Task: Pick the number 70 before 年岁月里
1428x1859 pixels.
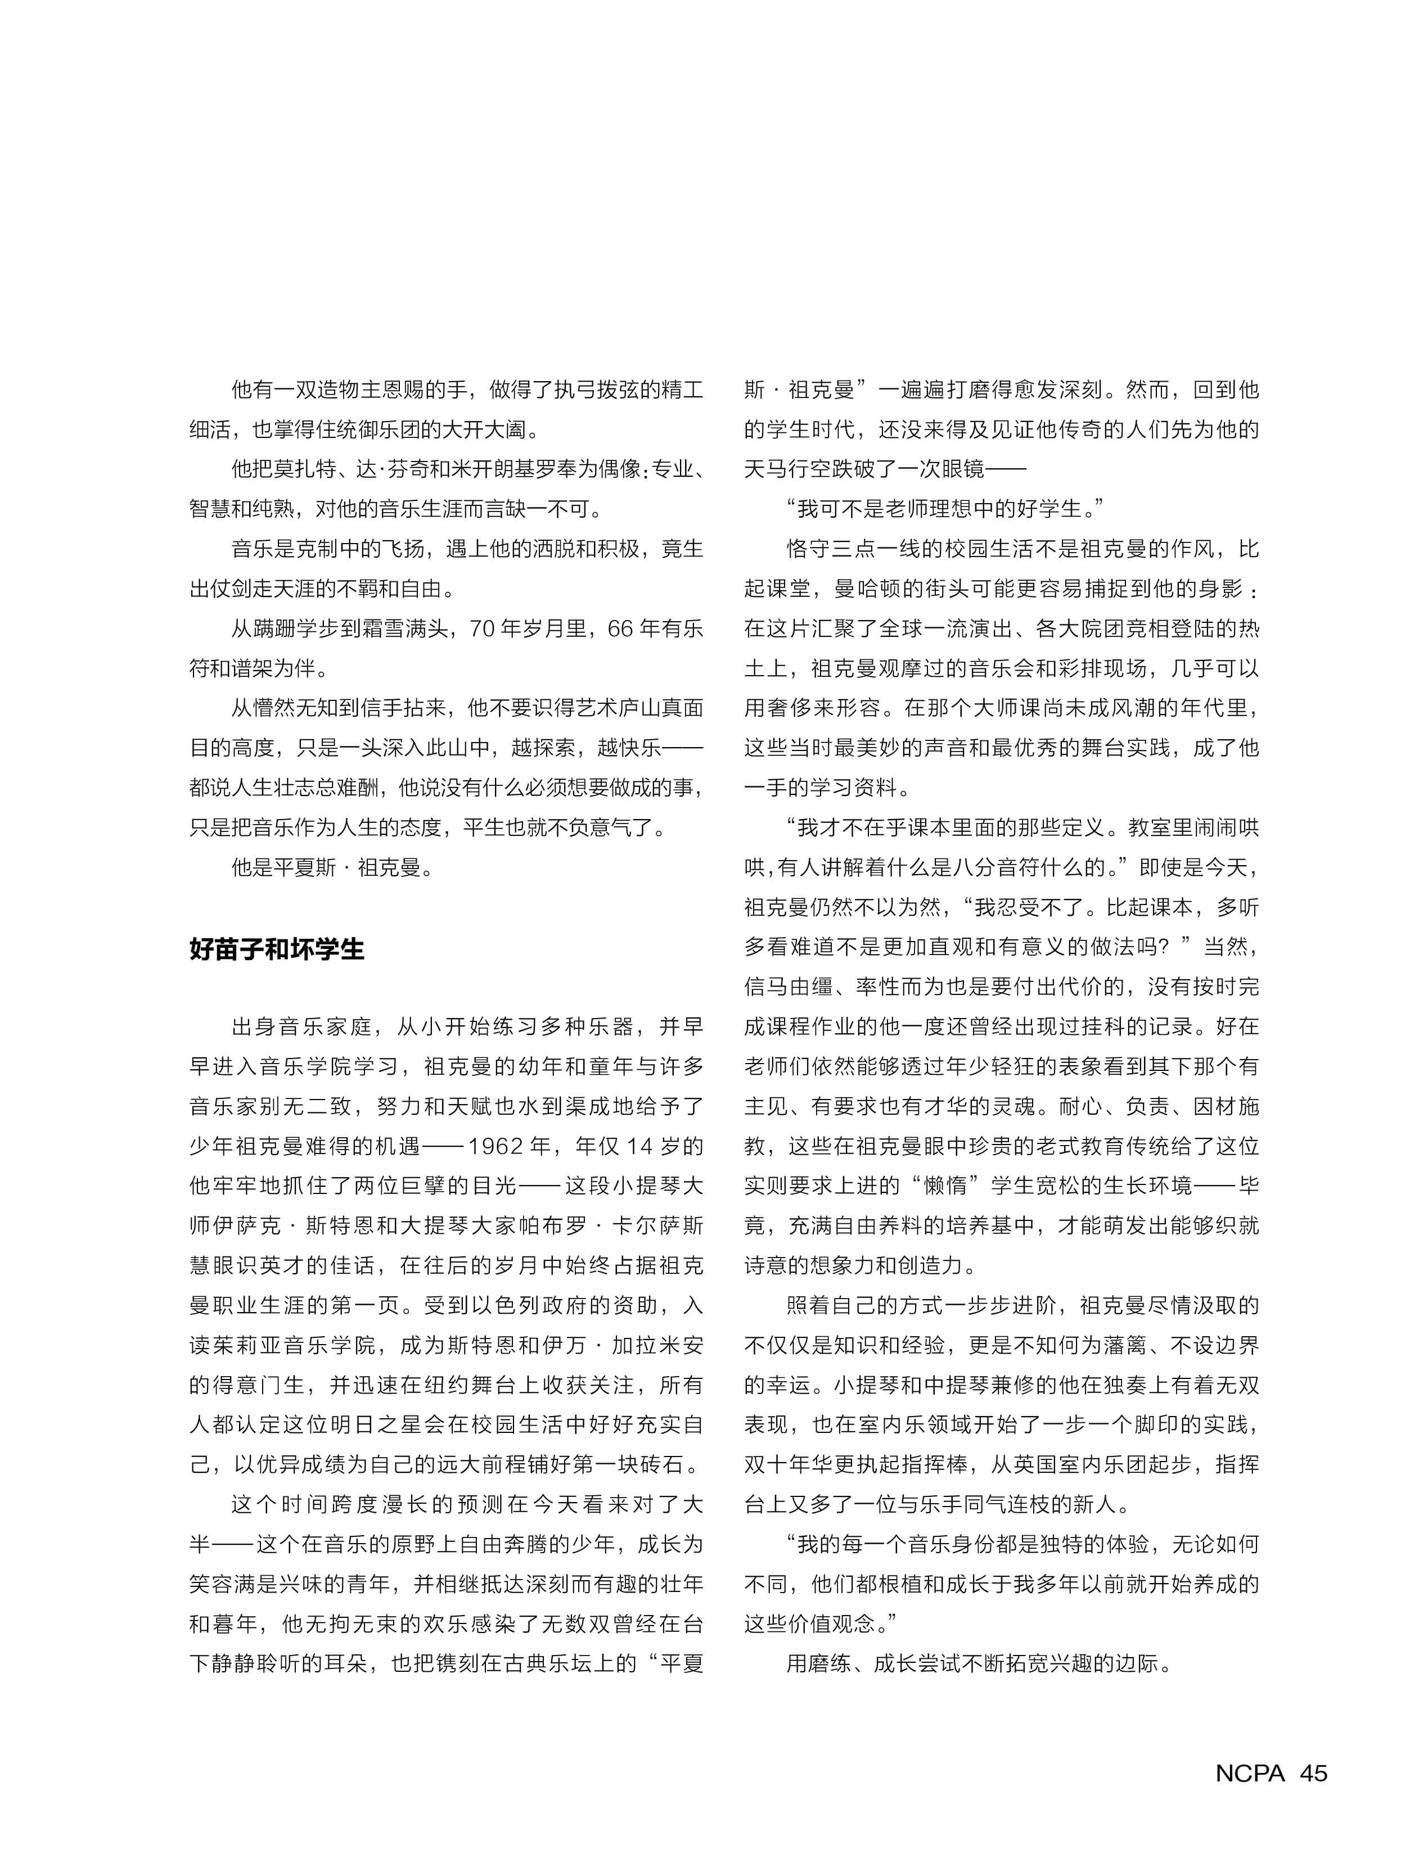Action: click(482, 628)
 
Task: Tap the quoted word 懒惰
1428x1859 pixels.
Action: click(949, 1186)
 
